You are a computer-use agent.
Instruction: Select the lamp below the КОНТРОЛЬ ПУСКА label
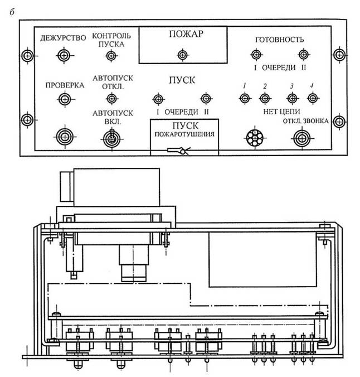(111, 55)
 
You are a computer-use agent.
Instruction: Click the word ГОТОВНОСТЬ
(279, 40)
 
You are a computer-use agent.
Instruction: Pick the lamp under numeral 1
(244, 99)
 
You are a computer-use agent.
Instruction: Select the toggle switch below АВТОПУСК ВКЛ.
(111, 137)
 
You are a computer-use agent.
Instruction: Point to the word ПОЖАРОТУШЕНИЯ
(185, 134)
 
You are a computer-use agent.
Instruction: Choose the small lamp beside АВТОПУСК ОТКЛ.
(111, 99)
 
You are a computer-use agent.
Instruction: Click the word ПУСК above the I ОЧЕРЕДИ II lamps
(182, 80)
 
